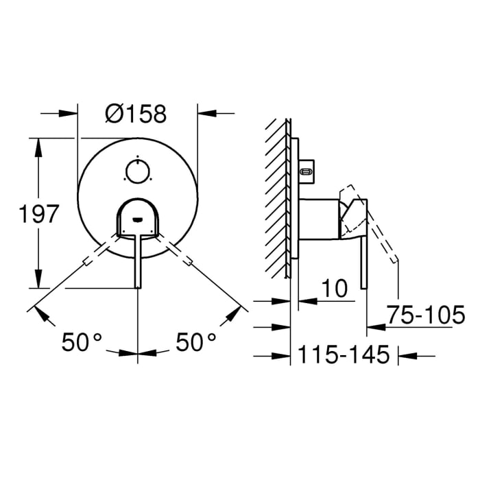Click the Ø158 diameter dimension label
136,113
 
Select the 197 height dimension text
35,214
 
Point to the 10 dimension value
335,289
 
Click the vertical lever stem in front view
139,261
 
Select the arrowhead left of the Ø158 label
69,113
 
